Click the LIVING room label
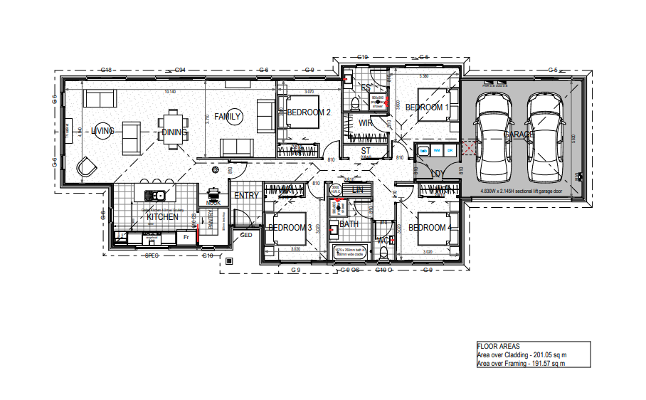(x=103, y=131)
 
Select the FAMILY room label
(x=228, y=116)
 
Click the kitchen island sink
(x=154, y=194)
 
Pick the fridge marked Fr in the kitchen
(x=186, y=236)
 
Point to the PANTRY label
(x=211, y=226)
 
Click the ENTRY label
(x=246, y=196)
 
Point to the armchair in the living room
(x=88, y=166)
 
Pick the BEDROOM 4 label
(x=428, y=228)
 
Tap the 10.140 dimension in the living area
(x=170, y=92)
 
